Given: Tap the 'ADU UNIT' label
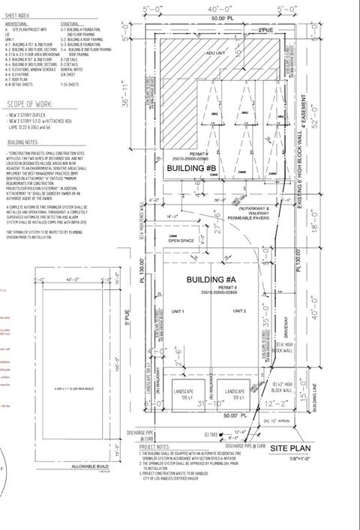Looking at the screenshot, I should pos(215,55).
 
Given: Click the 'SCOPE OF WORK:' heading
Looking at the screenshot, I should pos(28,104).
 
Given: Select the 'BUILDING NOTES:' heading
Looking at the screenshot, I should pos(23,142).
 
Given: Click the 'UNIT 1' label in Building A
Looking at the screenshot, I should pos(178,310).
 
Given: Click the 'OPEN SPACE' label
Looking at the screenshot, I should pos(182,241).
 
